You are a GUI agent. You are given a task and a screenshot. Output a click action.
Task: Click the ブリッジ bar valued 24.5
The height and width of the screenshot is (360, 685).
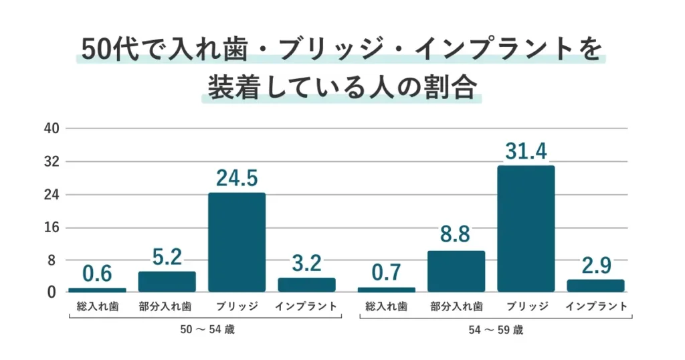coord(236,242)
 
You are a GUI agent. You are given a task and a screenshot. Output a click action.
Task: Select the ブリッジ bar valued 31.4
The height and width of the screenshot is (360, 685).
coord(525,228)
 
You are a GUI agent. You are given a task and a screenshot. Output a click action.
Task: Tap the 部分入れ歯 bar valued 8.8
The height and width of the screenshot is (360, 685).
coord(456,271)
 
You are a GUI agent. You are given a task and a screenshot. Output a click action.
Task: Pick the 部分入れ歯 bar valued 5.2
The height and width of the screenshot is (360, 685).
coord(167,282)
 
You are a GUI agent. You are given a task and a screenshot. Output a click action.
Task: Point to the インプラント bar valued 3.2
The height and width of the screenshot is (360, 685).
coord(306,284)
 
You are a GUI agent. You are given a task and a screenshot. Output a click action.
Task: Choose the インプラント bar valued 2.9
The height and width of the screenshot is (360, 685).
coord(595,286)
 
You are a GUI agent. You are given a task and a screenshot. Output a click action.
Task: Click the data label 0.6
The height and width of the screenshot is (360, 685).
coord(97,274)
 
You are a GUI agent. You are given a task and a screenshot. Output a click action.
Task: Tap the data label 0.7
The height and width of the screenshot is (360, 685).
coord(386,274)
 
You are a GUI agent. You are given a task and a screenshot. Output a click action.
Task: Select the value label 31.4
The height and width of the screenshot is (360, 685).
coord(525,152)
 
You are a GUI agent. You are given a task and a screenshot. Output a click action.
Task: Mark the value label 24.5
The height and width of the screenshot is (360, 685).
coord(236,179)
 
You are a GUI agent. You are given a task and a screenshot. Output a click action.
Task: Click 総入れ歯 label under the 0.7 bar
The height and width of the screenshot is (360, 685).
coord(386,307)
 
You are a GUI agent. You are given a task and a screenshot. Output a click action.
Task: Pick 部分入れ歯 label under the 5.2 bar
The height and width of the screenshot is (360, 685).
coord(167,307)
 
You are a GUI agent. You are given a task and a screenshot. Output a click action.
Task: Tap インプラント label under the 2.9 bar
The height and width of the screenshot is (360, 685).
coord(595,307)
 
